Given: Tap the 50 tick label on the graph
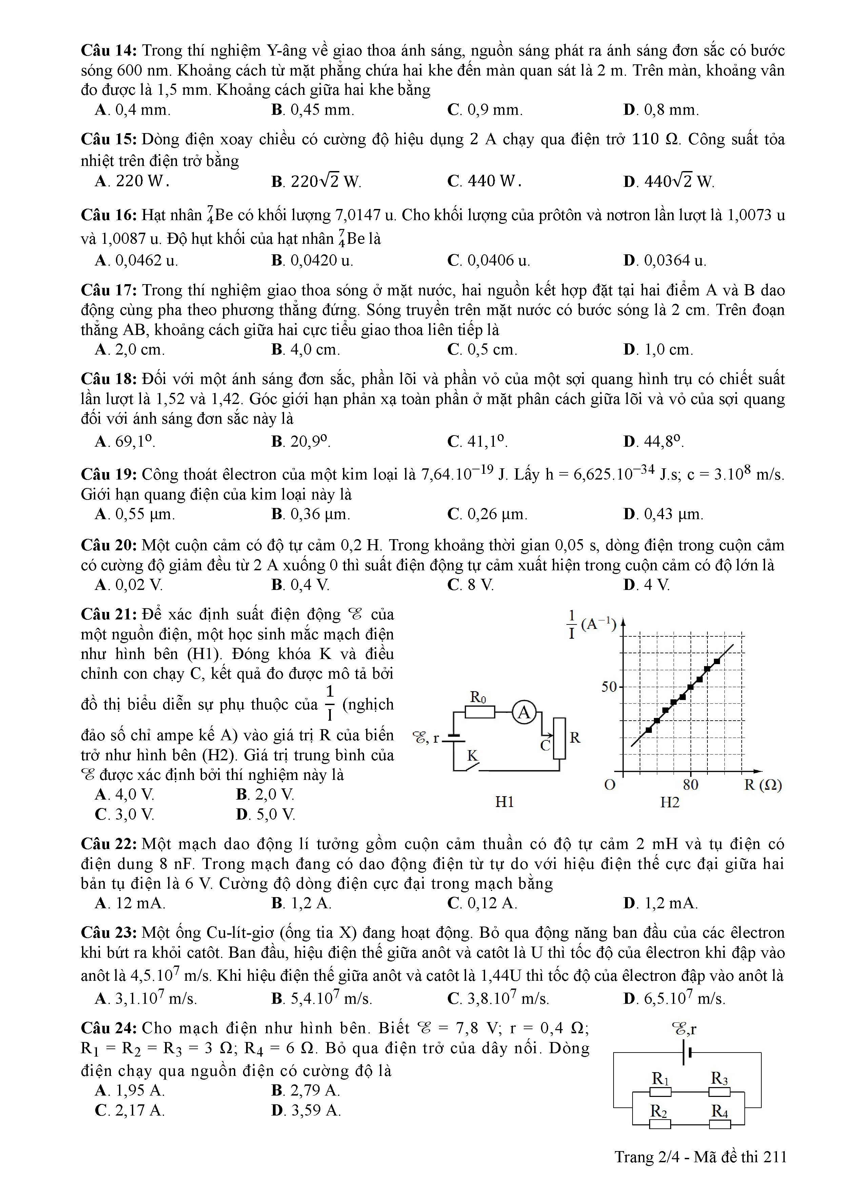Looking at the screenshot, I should coord(609,687).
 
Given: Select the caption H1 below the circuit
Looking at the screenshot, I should coord(504,802).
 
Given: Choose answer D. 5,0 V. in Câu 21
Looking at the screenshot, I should coord(265,814).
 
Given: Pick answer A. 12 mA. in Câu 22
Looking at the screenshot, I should coord(130,904).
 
